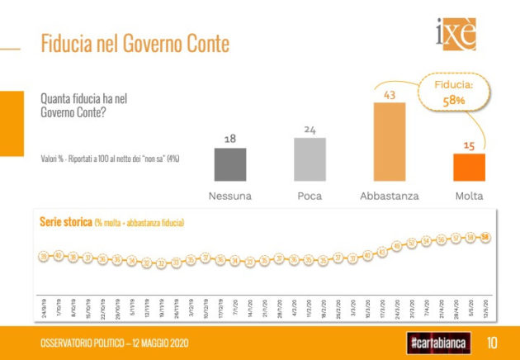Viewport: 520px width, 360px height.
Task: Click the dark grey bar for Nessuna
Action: pos(230,163)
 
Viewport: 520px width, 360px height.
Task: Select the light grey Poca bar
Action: pos(310,159)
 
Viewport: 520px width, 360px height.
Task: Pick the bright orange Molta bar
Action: pos(469,167)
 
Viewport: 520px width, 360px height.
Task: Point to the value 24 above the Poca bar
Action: pos(310,129)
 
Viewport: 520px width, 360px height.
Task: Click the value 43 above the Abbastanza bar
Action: pos(390,95)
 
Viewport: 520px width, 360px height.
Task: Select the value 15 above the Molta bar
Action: pos(469,145)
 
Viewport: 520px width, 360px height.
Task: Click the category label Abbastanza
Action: pos(390,197)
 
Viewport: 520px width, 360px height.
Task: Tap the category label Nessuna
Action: pos(230,197)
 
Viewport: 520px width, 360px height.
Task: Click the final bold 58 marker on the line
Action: pos(485,238)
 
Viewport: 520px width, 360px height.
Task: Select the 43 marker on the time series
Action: pos(381,251)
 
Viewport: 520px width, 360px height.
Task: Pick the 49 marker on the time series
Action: pos(396,246)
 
